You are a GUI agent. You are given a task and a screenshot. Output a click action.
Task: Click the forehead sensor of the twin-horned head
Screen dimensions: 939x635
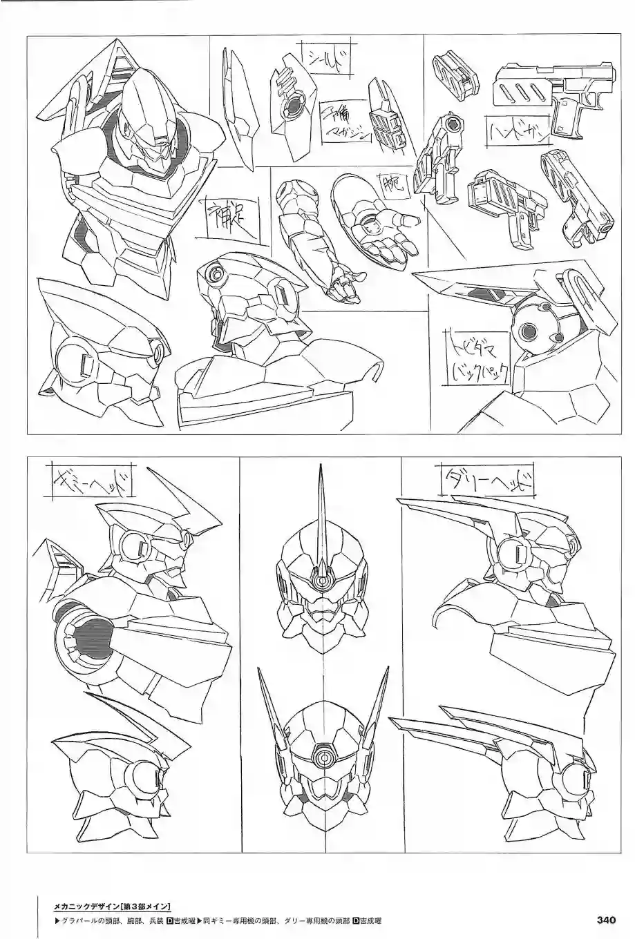click(x=323, y=756)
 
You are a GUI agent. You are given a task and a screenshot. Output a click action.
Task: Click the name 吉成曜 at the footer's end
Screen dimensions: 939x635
click(x=366, y=920)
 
